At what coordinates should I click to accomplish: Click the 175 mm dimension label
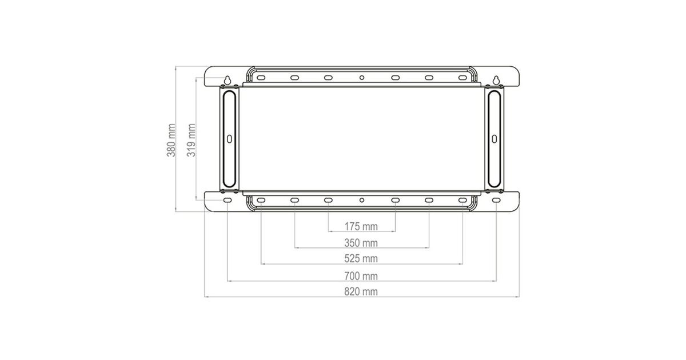pyautogui.click(x=361, y=226)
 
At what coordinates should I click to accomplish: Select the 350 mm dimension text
pyautogui.click(x=361, y=243)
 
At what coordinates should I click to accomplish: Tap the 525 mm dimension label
pyautogui.click(x=361, y=259)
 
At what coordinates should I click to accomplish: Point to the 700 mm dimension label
pyautogui.click(x=361, y=276)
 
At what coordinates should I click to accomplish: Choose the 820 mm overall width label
pyautogui.click(x=361, y=292)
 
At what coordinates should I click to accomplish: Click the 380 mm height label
pyautogui.click(x=171, y=140)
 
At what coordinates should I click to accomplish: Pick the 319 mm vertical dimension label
pyautogui.click(x=191, y=140)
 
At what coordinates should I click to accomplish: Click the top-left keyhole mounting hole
pyautogui.click(x=228, y=80)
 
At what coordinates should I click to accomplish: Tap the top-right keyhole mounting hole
pyautogui.click(x=496, y=80)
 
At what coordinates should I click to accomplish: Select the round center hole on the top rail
pyautogui.click(x=362, y=78)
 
